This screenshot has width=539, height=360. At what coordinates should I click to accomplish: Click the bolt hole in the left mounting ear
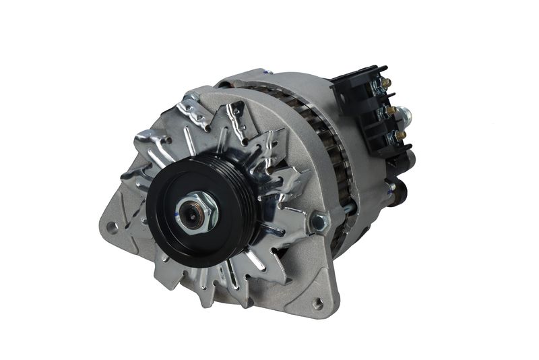click(113, 227)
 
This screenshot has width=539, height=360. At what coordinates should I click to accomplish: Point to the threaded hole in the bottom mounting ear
click(317, 303)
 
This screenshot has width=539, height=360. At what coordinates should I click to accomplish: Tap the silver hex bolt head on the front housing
click(317, 222)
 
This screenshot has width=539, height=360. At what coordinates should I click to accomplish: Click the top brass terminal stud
click(387, 83)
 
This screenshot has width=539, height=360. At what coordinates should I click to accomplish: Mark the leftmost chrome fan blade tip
click(128, 173)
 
